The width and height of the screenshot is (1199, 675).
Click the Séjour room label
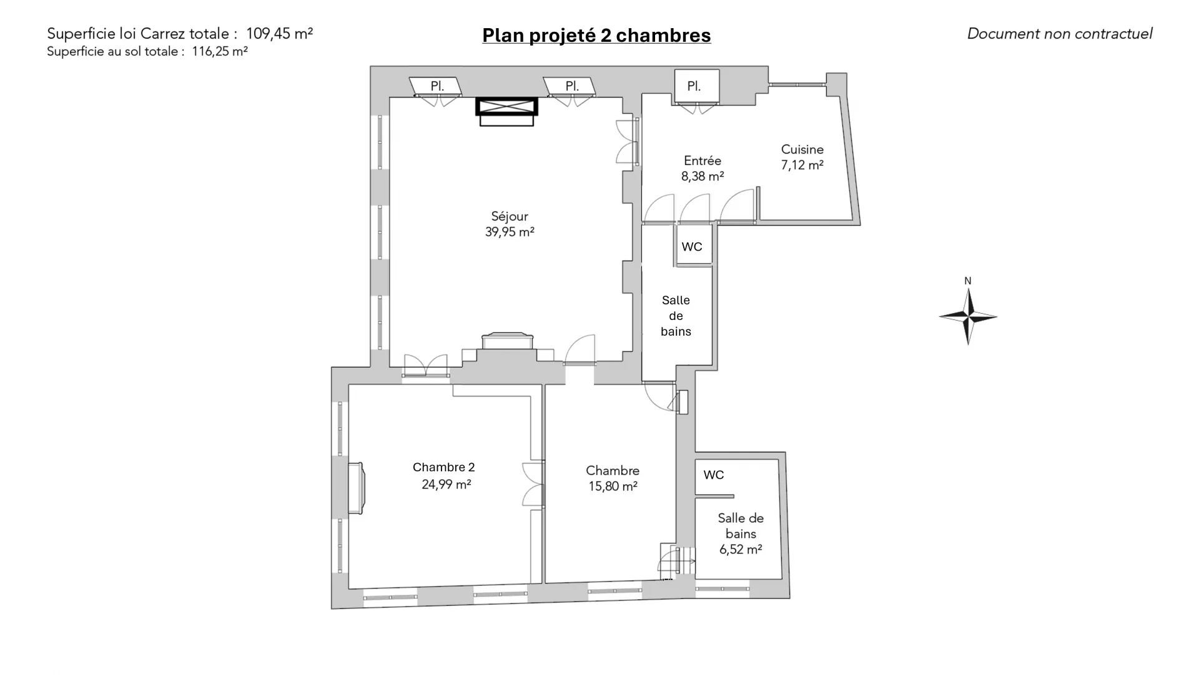[510, 216]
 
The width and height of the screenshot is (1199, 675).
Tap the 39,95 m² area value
[510, 232]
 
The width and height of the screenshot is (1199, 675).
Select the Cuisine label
[802, 149]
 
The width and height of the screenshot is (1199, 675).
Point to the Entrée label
[703, 161]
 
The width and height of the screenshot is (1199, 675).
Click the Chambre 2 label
[444, 467]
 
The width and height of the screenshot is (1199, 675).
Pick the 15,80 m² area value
[613, 486]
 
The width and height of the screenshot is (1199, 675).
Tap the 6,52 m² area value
[741, 549]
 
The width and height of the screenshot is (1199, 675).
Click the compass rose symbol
[968, 317]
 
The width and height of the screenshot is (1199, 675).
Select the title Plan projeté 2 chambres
[596, 35]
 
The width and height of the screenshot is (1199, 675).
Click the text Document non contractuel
[1060, 34]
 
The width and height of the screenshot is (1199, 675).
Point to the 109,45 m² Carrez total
[279, 34]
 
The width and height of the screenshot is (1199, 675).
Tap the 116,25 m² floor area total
[220, 51]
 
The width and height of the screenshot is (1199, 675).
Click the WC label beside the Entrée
[692, 247]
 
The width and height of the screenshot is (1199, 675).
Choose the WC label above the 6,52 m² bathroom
[714, 475]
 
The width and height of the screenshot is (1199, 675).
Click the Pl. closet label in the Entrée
[694, 86]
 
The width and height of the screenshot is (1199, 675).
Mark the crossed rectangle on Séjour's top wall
[506, 107]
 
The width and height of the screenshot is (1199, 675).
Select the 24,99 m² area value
[446, 484]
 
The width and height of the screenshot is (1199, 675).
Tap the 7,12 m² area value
[802, 165]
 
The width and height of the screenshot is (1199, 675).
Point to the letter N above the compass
[968, 281]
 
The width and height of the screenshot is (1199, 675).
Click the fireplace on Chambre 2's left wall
[356, 488]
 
